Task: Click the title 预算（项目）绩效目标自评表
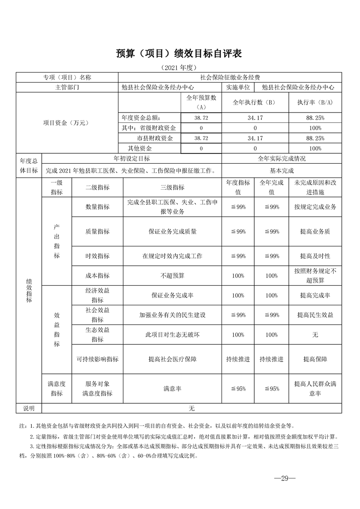[x=179, y=54]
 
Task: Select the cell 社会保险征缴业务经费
[x=230, y=78]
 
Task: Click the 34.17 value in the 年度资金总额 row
[x=255, y=117]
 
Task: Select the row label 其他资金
[x=140, y=148]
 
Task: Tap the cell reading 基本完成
[x=281, y=171]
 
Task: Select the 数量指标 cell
[x=97, y=207]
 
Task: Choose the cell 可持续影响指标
[x=97, y=359]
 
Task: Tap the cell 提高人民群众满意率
[x=315, y=389]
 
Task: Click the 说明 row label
[x=29, y=409]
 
